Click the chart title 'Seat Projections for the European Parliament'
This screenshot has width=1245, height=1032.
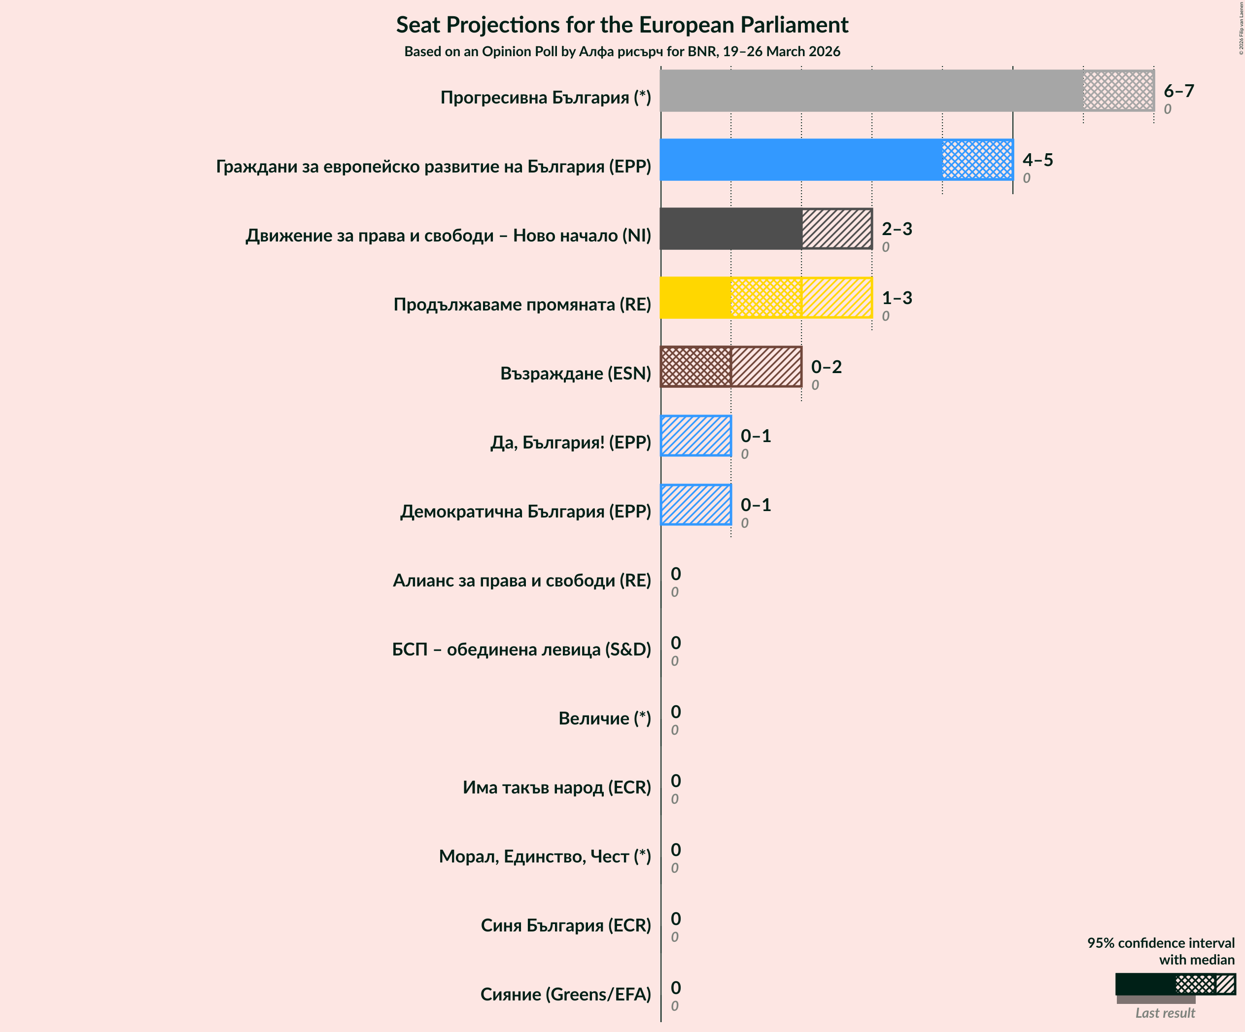tap(622, 25)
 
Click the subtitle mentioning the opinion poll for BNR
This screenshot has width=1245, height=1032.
tap(622, 52)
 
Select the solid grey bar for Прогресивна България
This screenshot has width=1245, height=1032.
tap(871, 91)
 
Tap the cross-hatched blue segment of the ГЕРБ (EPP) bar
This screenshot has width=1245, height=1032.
tap(977, 160)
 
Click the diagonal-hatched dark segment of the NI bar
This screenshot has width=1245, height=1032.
tap(836, 229)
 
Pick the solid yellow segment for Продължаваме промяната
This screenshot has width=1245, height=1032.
tap(695, 298)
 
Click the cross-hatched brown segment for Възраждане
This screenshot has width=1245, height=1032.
tap(695, 367)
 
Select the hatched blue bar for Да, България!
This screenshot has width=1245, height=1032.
tap(695, 436)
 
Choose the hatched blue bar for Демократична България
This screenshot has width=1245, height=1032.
tap(695, 505)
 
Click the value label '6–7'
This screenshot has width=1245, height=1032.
tap(1178, 91)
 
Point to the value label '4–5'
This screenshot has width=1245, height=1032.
tap(1037, 160)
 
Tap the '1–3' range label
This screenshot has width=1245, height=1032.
tap(897, 298)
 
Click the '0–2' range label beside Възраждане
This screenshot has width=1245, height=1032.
tap(826, 367)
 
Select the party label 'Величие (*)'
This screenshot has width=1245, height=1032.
tap(604, 719)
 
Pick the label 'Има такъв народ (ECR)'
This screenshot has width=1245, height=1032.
tap(556, 787)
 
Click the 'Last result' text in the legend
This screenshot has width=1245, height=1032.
tap(1165, 1013)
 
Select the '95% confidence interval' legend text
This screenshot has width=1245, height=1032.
tap(1160, 943)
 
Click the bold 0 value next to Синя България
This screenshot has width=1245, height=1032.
tap(676, 919)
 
